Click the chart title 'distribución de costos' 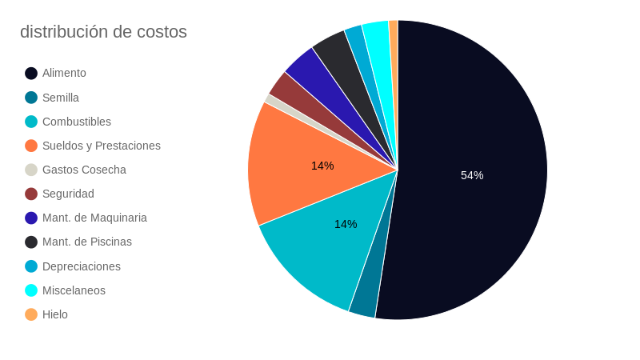point(103,32)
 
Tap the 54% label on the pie point(472,175)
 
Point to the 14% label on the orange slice point(322,166)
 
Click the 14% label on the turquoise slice point(346,224)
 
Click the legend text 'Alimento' point(64,73)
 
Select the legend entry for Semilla point(61,98)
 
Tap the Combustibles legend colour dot point(31,122)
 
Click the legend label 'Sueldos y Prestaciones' point(102,146)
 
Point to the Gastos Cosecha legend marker point(31,170)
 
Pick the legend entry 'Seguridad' point(68,194)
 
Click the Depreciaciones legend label point(82,266)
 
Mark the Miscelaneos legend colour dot point(31,290)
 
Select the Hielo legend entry point(55,314)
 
